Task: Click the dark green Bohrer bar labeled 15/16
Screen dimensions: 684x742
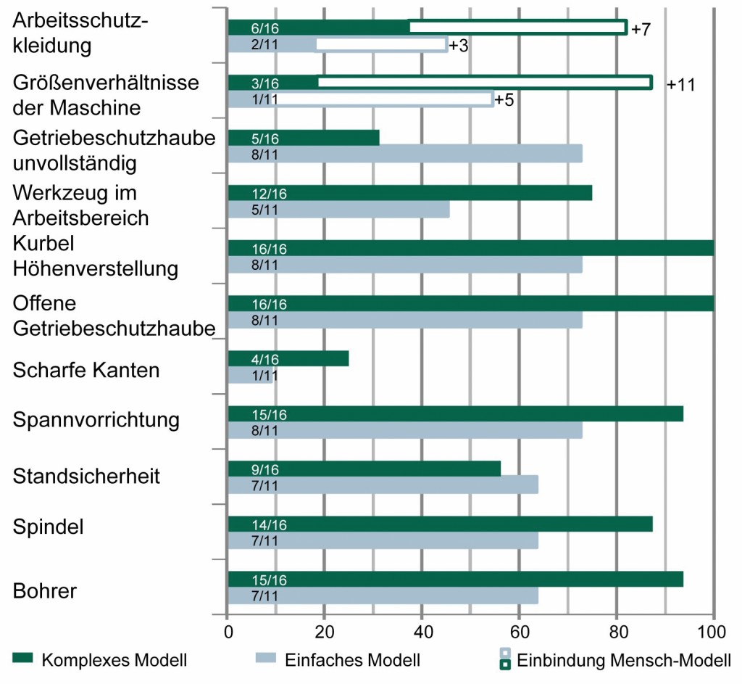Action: [455, 579]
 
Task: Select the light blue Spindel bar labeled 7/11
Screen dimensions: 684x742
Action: [383, 541]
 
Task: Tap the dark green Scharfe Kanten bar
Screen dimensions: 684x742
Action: [288, 358]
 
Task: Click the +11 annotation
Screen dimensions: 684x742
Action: [680, 85]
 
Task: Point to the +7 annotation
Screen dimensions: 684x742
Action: [641, 30]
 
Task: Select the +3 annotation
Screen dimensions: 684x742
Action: [459, 46]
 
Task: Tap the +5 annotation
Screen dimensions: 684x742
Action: [504, 100]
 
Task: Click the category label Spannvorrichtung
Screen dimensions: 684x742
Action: [96, 420]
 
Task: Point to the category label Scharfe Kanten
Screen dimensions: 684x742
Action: [86, 371]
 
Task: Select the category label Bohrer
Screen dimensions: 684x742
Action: [45, 590]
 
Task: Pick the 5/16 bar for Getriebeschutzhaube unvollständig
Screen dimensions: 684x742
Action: [304, 138]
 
